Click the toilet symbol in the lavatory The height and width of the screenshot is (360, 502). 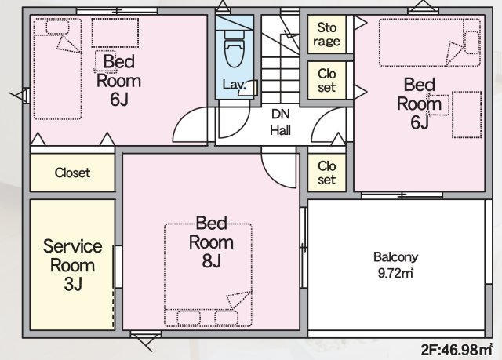[235, 49]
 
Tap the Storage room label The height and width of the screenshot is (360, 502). [326, 35]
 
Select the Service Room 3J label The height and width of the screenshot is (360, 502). [73, 265]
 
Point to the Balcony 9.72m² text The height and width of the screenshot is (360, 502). [395, 265]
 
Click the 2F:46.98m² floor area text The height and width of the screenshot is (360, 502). [457, 350]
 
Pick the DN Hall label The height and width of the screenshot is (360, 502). [281, 122]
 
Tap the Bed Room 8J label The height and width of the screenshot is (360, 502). [211, 242]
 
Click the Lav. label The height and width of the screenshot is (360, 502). [235, 85]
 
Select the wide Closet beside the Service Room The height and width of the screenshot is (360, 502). [72, 173]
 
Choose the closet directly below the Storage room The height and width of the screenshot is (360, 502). [326, 80]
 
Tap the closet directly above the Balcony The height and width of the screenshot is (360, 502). [326, 173]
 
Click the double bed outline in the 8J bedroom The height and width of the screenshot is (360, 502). [208, 275]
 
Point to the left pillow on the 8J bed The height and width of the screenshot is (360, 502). [188, 318]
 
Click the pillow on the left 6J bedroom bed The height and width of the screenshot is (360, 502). [57, 27]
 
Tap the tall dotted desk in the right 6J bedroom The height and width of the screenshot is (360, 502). [467, 115]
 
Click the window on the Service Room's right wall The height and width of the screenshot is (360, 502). [118, 267]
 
